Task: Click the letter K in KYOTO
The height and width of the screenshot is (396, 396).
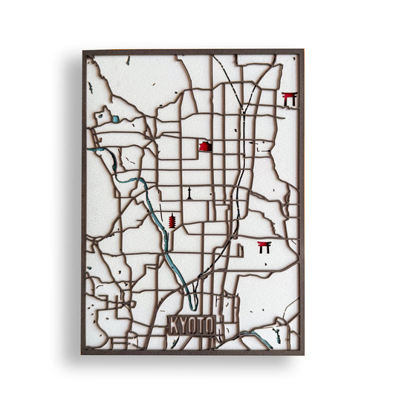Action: click(175, 325)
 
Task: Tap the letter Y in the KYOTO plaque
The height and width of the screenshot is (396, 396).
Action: click(184, 325)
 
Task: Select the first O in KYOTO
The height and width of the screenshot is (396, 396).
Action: click(193, 325)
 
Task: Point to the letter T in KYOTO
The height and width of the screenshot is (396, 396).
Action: click(202, 325)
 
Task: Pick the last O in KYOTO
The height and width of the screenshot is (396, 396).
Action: click(211, 325)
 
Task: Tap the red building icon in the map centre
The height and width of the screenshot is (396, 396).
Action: click(205, 146)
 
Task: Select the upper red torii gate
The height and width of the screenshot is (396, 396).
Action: click(289, 99)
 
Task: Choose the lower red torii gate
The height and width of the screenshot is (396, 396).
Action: click(264, 247)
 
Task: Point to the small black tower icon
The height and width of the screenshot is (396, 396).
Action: click(189, 193)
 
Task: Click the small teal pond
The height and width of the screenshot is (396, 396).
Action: click(116, 119)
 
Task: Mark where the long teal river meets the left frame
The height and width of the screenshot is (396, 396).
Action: click(88, 149)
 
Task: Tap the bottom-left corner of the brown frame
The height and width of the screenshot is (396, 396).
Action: click(83, 353)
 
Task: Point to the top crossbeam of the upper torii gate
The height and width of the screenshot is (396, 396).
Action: click(289, 94)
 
